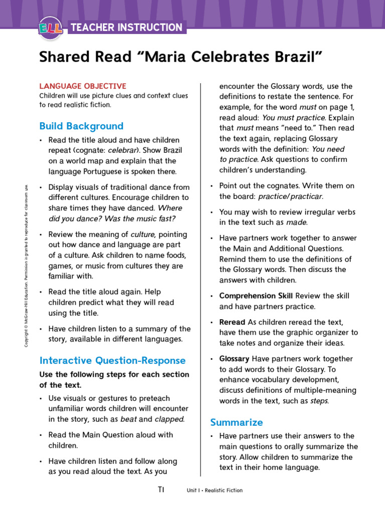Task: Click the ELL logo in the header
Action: tap(50, 28)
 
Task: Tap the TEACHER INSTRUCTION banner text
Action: tap(127, 28)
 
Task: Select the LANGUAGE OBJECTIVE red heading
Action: tap(83, 86)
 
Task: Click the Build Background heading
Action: tap(81, 126)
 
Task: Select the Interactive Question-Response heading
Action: tap(112, 360)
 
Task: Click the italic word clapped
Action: tap(169, 419)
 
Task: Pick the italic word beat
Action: tap(129, 419)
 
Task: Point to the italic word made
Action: tap(299, 222)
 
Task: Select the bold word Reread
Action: tap(232, 322)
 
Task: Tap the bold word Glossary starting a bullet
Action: tap(234, 359)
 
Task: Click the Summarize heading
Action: tap(236, 422)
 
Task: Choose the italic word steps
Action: tap(319, 401)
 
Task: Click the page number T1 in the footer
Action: tap(161, 489)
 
